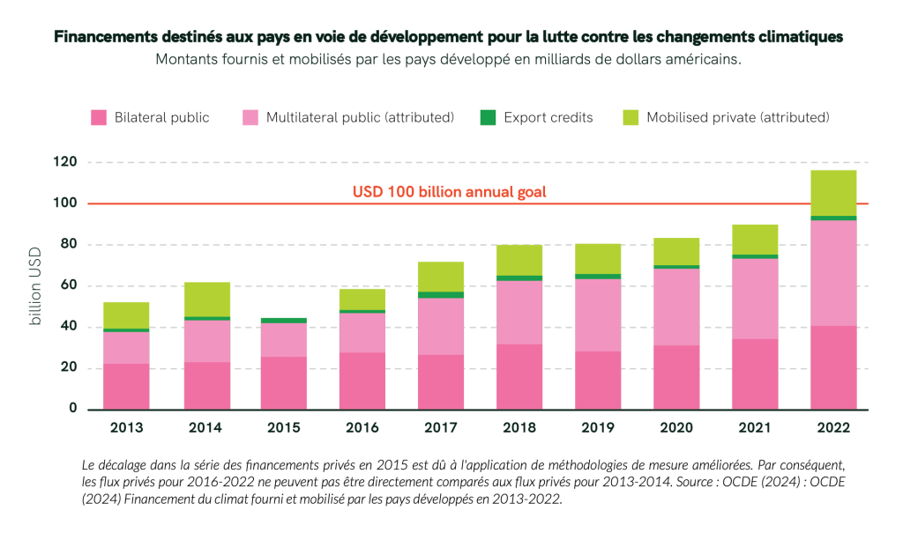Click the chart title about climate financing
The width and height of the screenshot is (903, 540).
coord(448,37)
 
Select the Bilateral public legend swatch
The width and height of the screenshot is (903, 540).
coord(99,117)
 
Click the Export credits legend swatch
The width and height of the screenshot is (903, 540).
coord(488,117)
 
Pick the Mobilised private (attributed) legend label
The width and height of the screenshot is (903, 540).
coord(737,117)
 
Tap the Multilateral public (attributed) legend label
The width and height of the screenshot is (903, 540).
coord(360,117)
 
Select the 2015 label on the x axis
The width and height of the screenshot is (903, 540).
coord(284,428)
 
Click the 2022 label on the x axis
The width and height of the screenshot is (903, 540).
coord(833,428)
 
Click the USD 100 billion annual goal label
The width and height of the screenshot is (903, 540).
coord(451,191)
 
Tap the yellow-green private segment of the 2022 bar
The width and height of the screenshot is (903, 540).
coord(833,192)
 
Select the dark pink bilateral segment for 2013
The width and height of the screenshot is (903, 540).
coord(127,386)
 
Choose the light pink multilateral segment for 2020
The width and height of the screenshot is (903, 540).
coord(676,307)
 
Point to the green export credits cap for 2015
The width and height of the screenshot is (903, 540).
coord(284,321)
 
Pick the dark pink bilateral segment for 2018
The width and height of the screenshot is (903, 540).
coord(519,376)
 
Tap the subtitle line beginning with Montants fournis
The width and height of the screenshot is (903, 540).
coord(448,60)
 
